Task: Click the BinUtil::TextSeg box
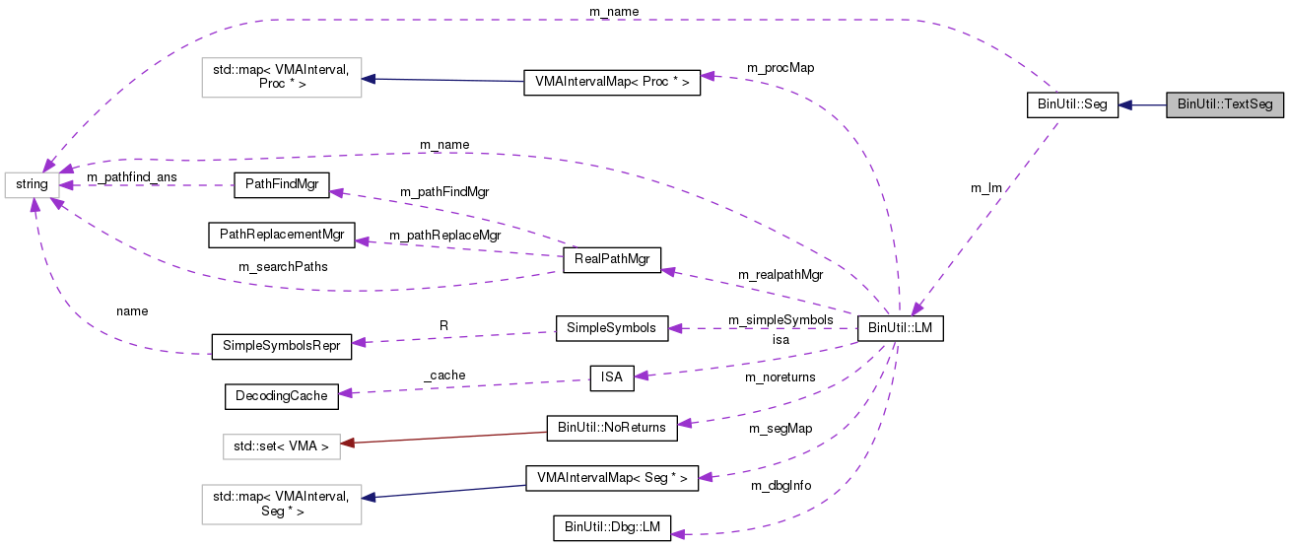pyautogui.click(x=1225, y=104)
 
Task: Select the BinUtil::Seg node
pyautogui.click(x=1072, y=104)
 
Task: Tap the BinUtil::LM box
pyautogui.click(x=901, y=329)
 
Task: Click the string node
pyautogui.click(x=32, y=184)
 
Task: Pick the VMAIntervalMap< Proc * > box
pyautogui.click(x=611, y=82)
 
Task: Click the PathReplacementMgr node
pyautogui.click(x=281, y=235)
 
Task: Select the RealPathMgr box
pyautogui.click(x=611, y=260)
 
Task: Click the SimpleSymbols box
pyautogui.click(x=612, y=328)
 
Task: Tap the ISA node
pyautogui.click(x=610, y=376)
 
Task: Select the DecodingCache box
pyautogui.click(x=281, y=396)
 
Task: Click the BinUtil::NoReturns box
pyautogui.click(x=611, y=428)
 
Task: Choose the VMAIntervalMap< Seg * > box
pyautogui.click(x=611, y=478)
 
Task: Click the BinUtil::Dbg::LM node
pyautogui.click(x=612, y=528)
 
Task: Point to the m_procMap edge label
pyautogui.click(x=780, y=68)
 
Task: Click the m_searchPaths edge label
pyautogui.click(x=283, y=266)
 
